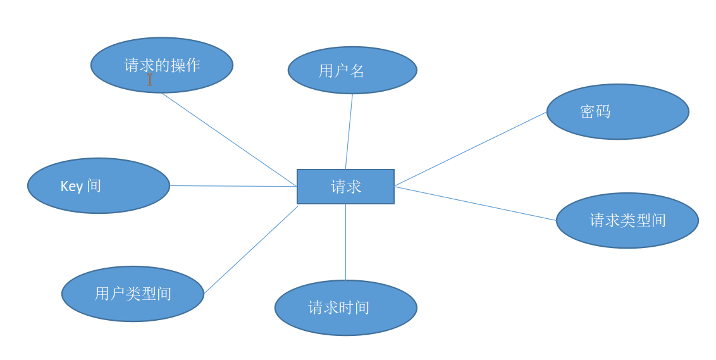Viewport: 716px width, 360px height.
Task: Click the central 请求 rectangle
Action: [x=345, y=187]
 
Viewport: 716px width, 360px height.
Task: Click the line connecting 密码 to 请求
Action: [x=471, y=149]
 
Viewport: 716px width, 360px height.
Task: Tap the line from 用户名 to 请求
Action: [x=349, y=131]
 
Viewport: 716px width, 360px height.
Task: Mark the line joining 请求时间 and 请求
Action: [x=345, y=242]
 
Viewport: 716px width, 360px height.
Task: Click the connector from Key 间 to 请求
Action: [x=233, y=186]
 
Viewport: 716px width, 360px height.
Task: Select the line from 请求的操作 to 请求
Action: [x=229, y=139]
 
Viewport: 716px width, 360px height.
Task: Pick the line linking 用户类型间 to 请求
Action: [x=251, y=249]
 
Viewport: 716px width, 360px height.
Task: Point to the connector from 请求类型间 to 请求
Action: [x=475, y=203]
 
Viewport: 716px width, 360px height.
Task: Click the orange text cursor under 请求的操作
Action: [x=150, y=80]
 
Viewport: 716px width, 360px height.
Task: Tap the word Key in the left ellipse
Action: [x=71, y=186]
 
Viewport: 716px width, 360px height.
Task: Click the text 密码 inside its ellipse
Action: [x=595, y=112]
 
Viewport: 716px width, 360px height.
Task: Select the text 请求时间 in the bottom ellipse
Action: [x=339, y=307]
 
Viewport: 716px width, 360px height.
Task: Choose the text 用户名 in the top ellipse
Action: [x=342, y=71]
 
